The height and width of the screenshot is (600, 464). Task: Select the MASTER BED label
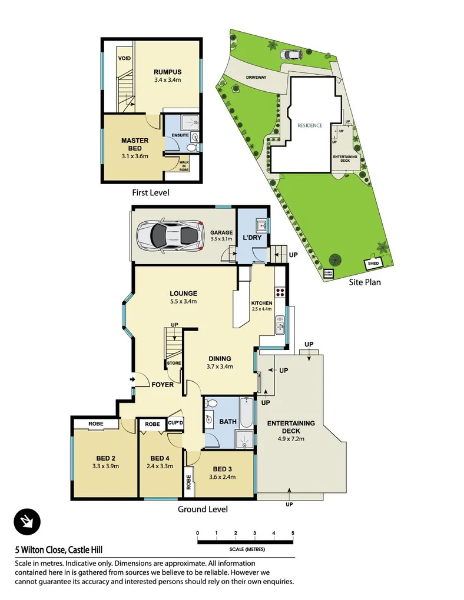tap(135, 144)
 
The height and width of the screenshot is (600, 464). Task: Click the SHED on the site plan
tap(373, 264)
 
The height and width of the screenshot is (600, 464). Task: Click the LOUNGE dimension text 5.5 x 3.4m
tap(183, 301)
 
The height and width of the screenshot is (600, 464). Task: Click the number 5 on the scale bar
tap(293, 533)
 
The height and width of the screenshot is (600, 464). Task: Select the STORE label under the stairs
tap(174, 363)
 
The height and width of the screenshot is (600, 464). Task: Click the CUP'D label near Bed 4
tap(175, 422)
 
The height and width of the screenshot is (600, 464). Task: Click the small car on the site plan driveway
tap(291, 55)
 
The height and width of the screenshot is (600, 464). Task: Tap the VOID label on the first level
tap(124, 58)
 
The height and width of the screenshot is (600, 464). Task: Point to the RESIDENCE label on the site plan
tap(310, 125)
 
